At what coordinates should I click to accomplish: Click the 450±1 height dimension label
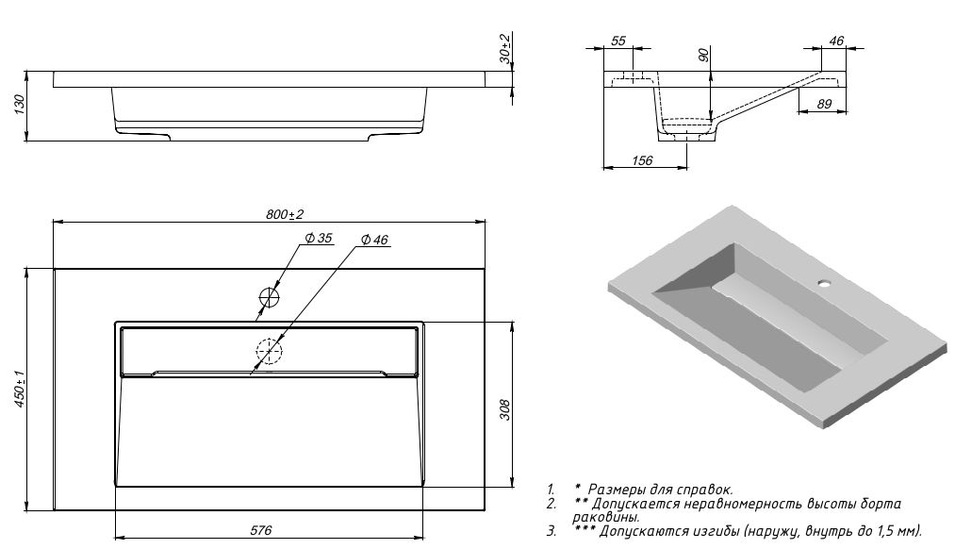pyautogui.click(x=20, y=388)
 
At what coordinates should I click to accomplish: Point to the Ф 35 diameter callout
pyautogui.click(x=318, y=240)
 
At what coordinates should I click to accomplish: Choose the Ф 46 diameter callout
pyautogui.click(x=374, y=241)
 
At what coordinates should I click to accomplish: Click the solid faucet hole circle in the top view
pyautogui.click(x=271, y=298)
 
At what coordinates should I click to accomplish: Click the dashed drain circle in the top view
pyautogui.click(x=269, y=352)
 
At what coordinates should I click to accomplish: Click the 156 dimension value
pyautogui.click(x=640, y=160)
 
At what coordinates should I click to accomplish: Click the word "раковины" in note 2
pyautogui.click(x=605, y=517)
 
